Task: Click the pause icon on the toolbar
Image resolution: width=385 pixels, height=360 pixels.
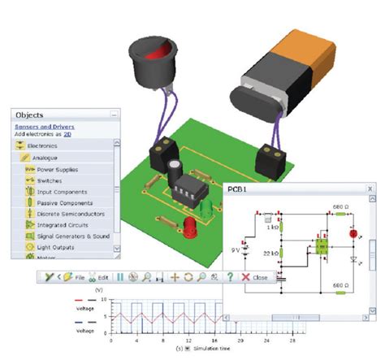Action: (120, 277)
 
